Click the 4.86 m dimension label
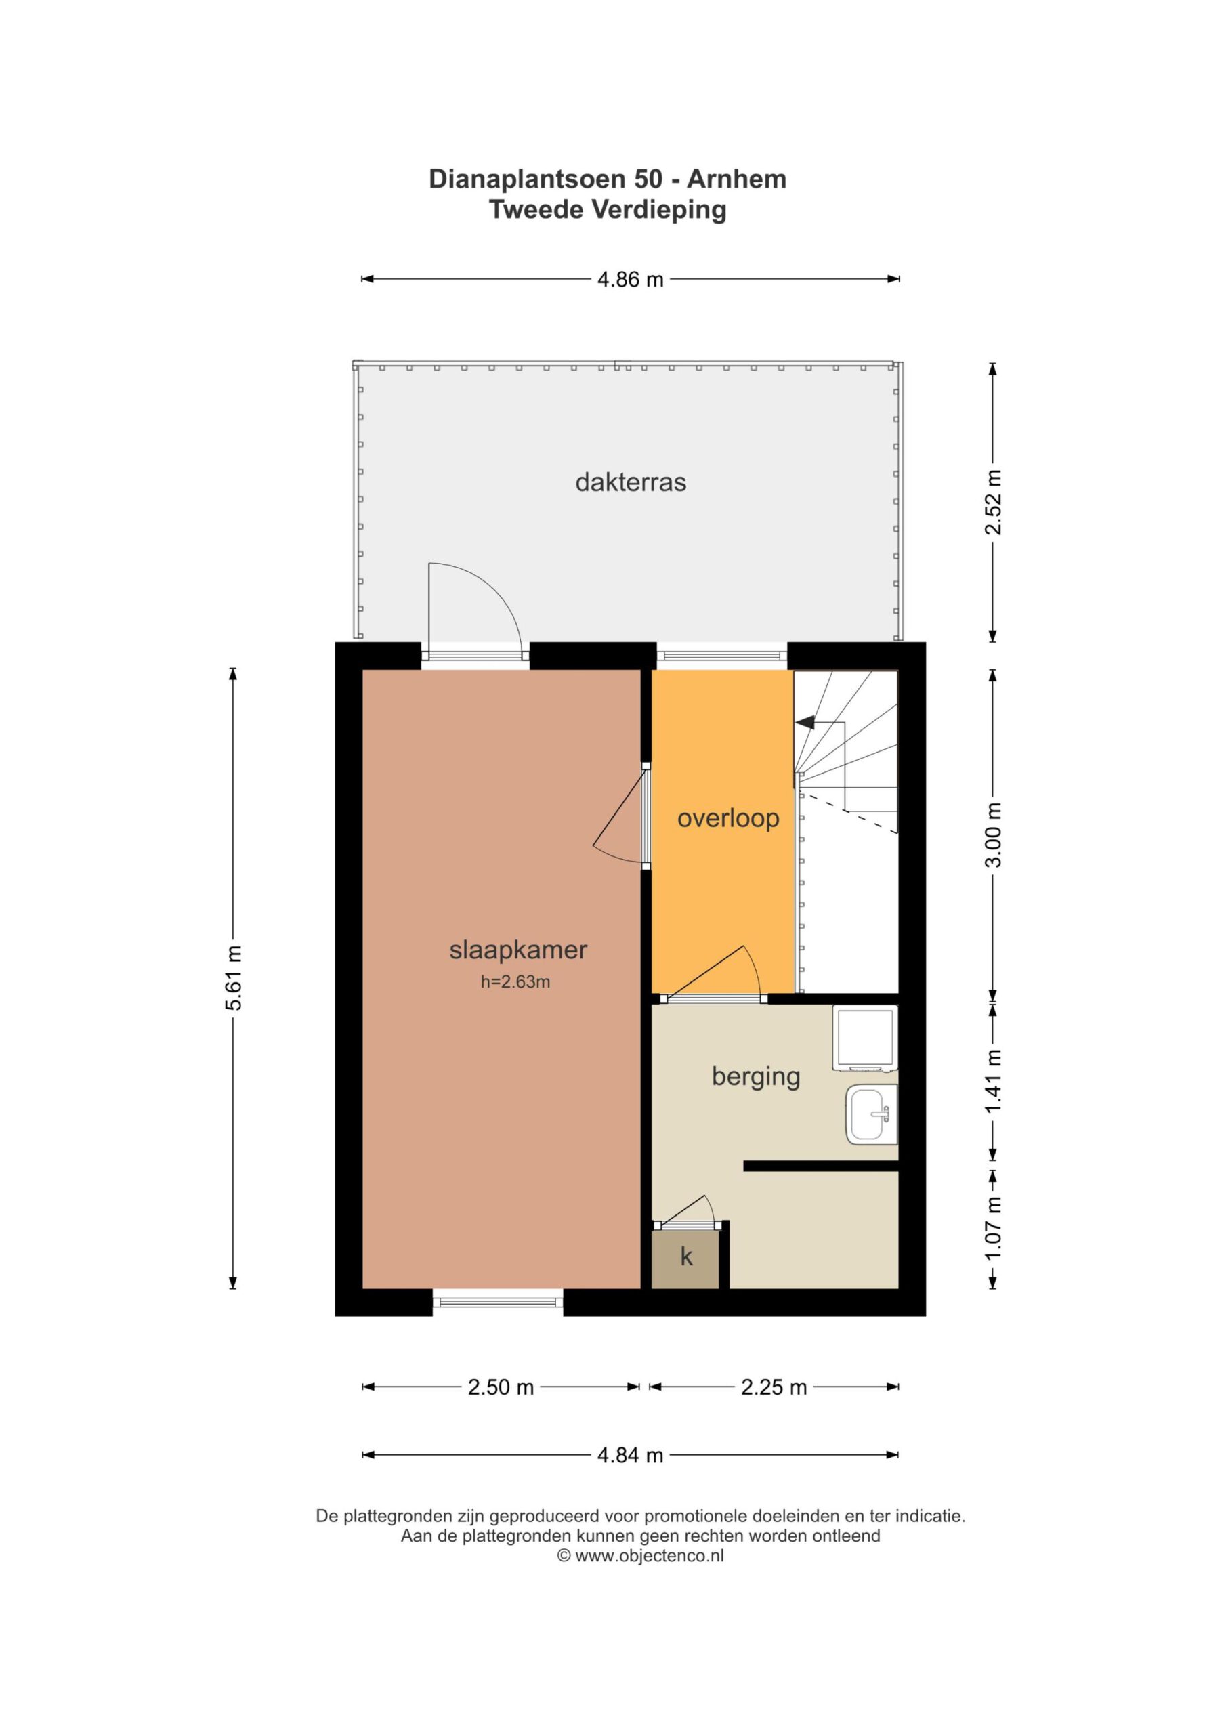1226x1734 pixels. (630, 280)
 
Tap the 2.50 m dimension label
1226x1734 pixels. (501, 1387)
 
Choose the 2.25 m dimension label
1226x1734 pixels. (774, 1387)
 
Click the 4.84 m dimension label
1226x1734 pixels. (630, 1454)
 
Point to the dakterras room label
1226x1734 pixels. (631, 482)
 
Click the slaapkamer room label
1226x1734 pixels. (518, 950)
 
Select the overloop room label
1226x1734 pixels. (728, 818)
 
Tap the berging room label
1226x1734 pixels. (756, 1077)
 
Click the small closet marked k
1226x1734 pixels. (687, 1256)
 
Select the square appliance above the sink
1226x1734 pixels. (865, 1038)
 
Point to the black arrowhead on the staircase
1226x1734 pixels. (805, 722)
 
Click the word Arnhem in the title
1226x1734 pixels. (736, 179)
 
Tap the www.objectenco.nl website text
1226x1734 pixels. (649, 1556)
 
